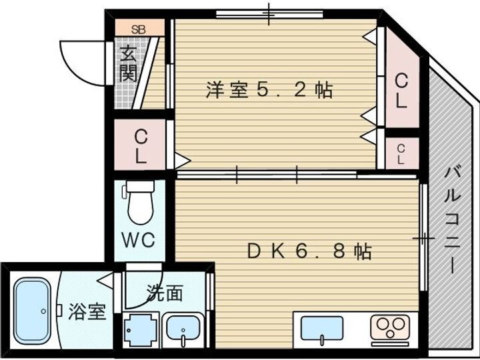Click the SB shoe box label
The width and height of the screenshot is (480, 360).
tap(139, 29)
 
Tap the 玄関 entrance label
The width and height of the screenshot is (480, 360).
tap(128, 64)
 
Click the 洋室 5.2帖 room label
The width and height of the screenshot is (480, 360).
tap(269, 90)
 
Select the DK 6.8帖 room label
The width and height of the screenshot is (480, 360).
tap(309, 251)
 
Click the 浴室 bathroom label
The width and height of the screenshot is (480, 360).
tap(87, 311)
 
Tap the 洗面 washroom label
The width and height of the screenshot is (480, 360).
tap(165, 293)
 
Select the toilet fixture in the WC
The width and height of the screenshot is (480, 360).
tap(140, 204)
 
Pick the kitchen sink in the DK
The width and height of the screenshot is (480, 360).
tap(322, 329)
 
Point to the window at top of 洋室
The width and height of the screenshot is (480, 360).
tap(269, 13)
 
